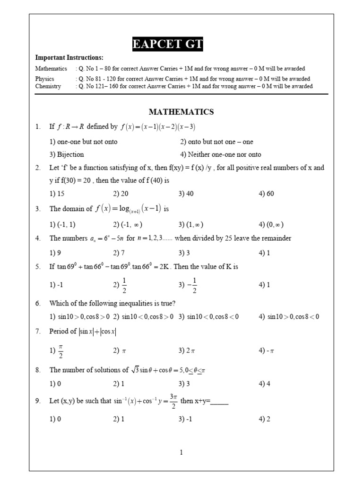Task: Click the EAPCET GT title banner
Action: tap(168, 45)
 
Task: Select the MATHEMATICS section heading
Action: tap(181, 112)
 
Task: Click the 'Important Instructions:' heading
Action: tap(69, 57)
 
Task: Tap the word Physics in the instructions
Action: tap(45, 79)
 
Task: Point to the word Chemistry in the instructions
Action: tap(48, 86)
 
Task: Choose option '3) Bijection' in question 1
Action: tap(67, 154)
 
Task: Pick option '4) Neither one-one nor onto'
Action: tap(220, 154)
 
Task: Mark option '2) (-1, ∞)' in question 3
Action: tap(128, 225)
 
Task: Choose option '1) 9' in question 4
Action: tap(55, 253)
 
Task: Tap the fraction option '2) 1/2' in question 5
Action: tap(121, 285)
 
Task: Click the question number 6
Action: tap(38, 303)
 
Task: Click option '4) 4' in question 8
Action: tap(264, 384)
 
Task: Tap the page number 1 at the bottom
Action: tap(181, 453)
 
